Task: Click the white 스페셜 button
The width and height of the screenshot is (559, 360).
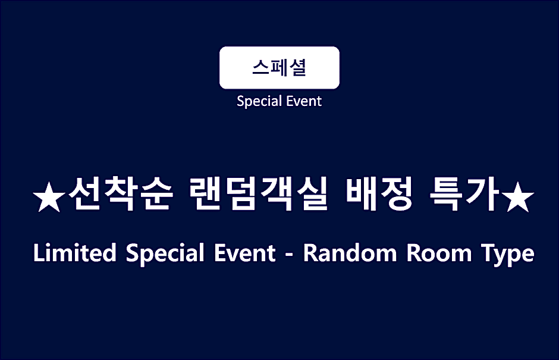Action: [279, 68]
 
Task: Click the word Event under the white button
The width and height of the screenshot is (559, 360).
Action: [303, 101]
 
